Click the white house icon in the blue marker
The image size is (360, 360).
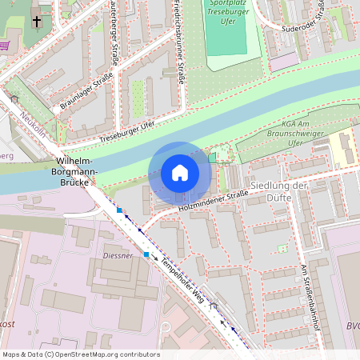tap(180, 172)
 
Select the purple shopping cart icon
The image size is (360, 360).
tap(4, 46)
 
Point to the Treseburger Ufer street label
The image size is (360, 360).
tap(126, 133)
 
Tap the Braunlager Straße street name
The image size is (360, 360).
tap(86, 91)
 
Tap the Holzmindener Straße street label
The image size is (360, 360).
tap(213, 201)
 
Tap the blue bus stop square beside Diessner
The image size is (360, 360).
tap(146, 254)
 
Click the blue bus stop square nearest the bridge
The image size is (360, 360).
tap(119, 210)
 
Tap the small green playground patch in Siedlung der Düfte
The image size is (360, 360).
tap(282, 248)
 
